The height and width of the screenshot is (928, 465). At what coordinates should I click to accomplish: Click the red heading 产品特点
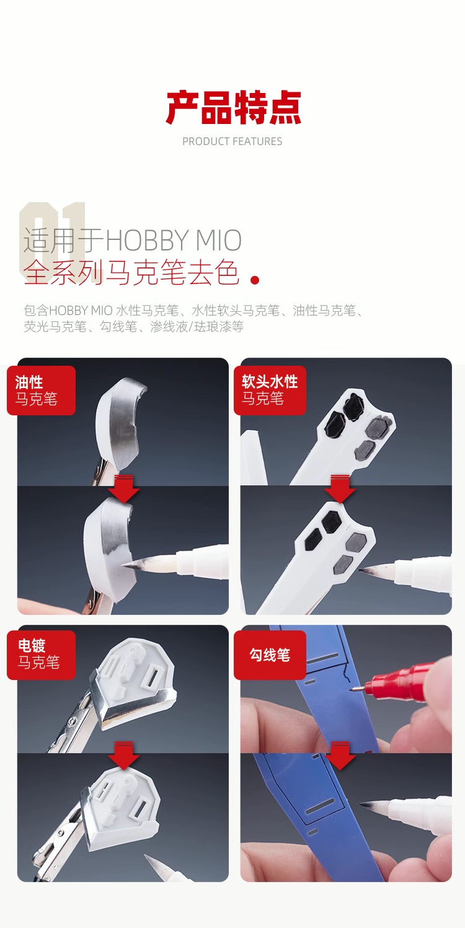tap(233, 108)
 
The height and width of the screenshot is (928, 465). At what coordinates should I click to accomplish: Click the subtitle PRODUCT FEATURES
tap(232, 141)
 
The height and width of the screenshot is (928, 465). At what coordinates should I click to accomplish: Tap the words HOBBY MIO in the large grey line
tap(174, 241)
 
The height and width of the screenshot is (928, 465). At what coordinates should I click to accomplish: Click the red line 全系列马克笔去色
tap(131, 273)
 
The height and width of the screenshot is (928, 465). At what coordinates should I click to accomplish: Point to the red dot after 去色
tap(255, 280)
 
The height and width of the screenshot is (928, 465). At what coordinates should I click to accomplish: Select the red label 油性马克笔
tap(41, 391)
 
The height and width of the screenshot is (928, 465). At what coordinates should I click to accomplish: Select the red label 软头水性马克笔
tap(270, 391)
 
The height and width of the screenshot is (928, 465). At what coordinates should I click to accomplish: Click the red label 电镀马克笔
tap(41, 655)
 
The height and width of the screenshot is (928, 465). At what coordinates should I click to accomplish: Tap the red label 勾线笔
tap(270, 655)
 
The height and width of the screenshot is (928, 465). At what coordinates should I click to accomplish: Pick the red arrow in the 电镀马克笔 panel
tap(123, 755)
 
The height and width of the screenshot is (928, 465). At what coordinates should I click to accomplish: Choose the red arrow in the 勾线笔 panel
tap(340, 755)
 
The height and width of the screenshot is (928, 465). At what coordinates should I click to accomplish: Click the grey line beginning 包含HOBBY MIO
tap(193, 318)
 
